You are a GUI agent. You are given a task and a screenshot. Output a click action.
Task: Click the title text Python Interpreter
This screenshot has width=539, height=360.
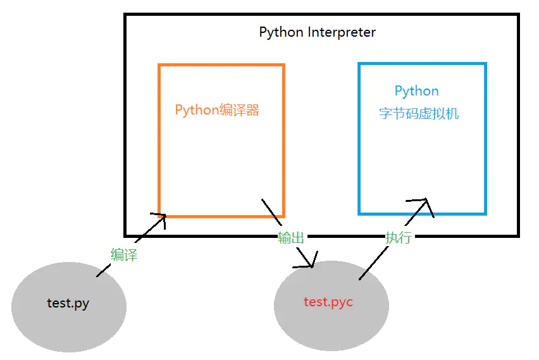pyautogui.click(x=317, y=32)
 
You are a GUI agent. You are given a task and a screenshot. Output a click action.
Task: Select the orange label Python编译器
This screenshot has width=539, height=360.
pyautogui.click(x=217, y=110)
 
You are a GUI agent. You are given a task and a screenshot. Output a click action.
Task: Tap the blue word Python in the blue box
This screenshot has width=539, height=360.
pyautogui.click(x=416, y=91)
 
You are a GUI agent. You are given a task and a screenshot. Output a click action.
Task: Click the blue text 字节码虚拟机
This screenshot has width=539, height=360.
pyautogui.click(x=419, y=114)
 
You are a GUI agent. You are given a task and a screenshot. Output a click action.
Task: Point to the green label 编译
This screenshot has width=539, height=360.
pyautogui.click(x=124, y=255)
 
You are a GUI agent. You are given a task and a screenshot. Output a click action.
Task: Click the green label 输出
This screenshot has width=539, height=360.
pyautogui.click(x=291, y=238)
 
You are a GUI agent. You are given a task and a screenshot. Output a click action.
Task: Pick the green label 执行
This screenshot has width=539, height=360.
pyautogui.click(x=399, y=238)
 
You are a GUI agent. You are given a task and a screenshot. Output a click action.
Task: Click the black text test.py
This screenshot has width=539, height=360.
pyautogui.click(x=68, y=303)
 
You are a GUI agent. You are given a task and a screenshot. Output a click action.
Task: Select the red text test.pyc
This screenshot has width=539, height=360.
pyautogui.click(x=328, y=302)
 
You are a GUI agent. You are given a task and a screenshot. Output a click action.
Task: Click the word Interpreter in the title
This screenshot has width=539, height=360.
pyautogui.click(x=342, y=32)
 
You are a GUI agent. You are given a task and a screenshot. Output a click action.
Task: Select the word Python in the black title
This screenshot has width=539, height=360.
pyautogui.click(x=282, y=32)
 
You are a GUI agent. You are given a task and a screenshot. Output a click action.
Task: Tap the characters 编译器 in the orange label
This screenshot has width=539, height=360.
pyautogui.click(x=240, y=110)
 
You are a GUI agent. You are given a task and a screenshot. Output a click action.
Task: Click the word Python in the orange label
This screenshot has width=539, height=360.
pyautogui.click(x=197, y=110)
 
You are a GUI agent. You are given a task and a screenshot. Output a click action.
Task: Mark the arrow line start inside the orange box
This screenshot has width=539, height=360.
pyautogui.click(x=263, y=200)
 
